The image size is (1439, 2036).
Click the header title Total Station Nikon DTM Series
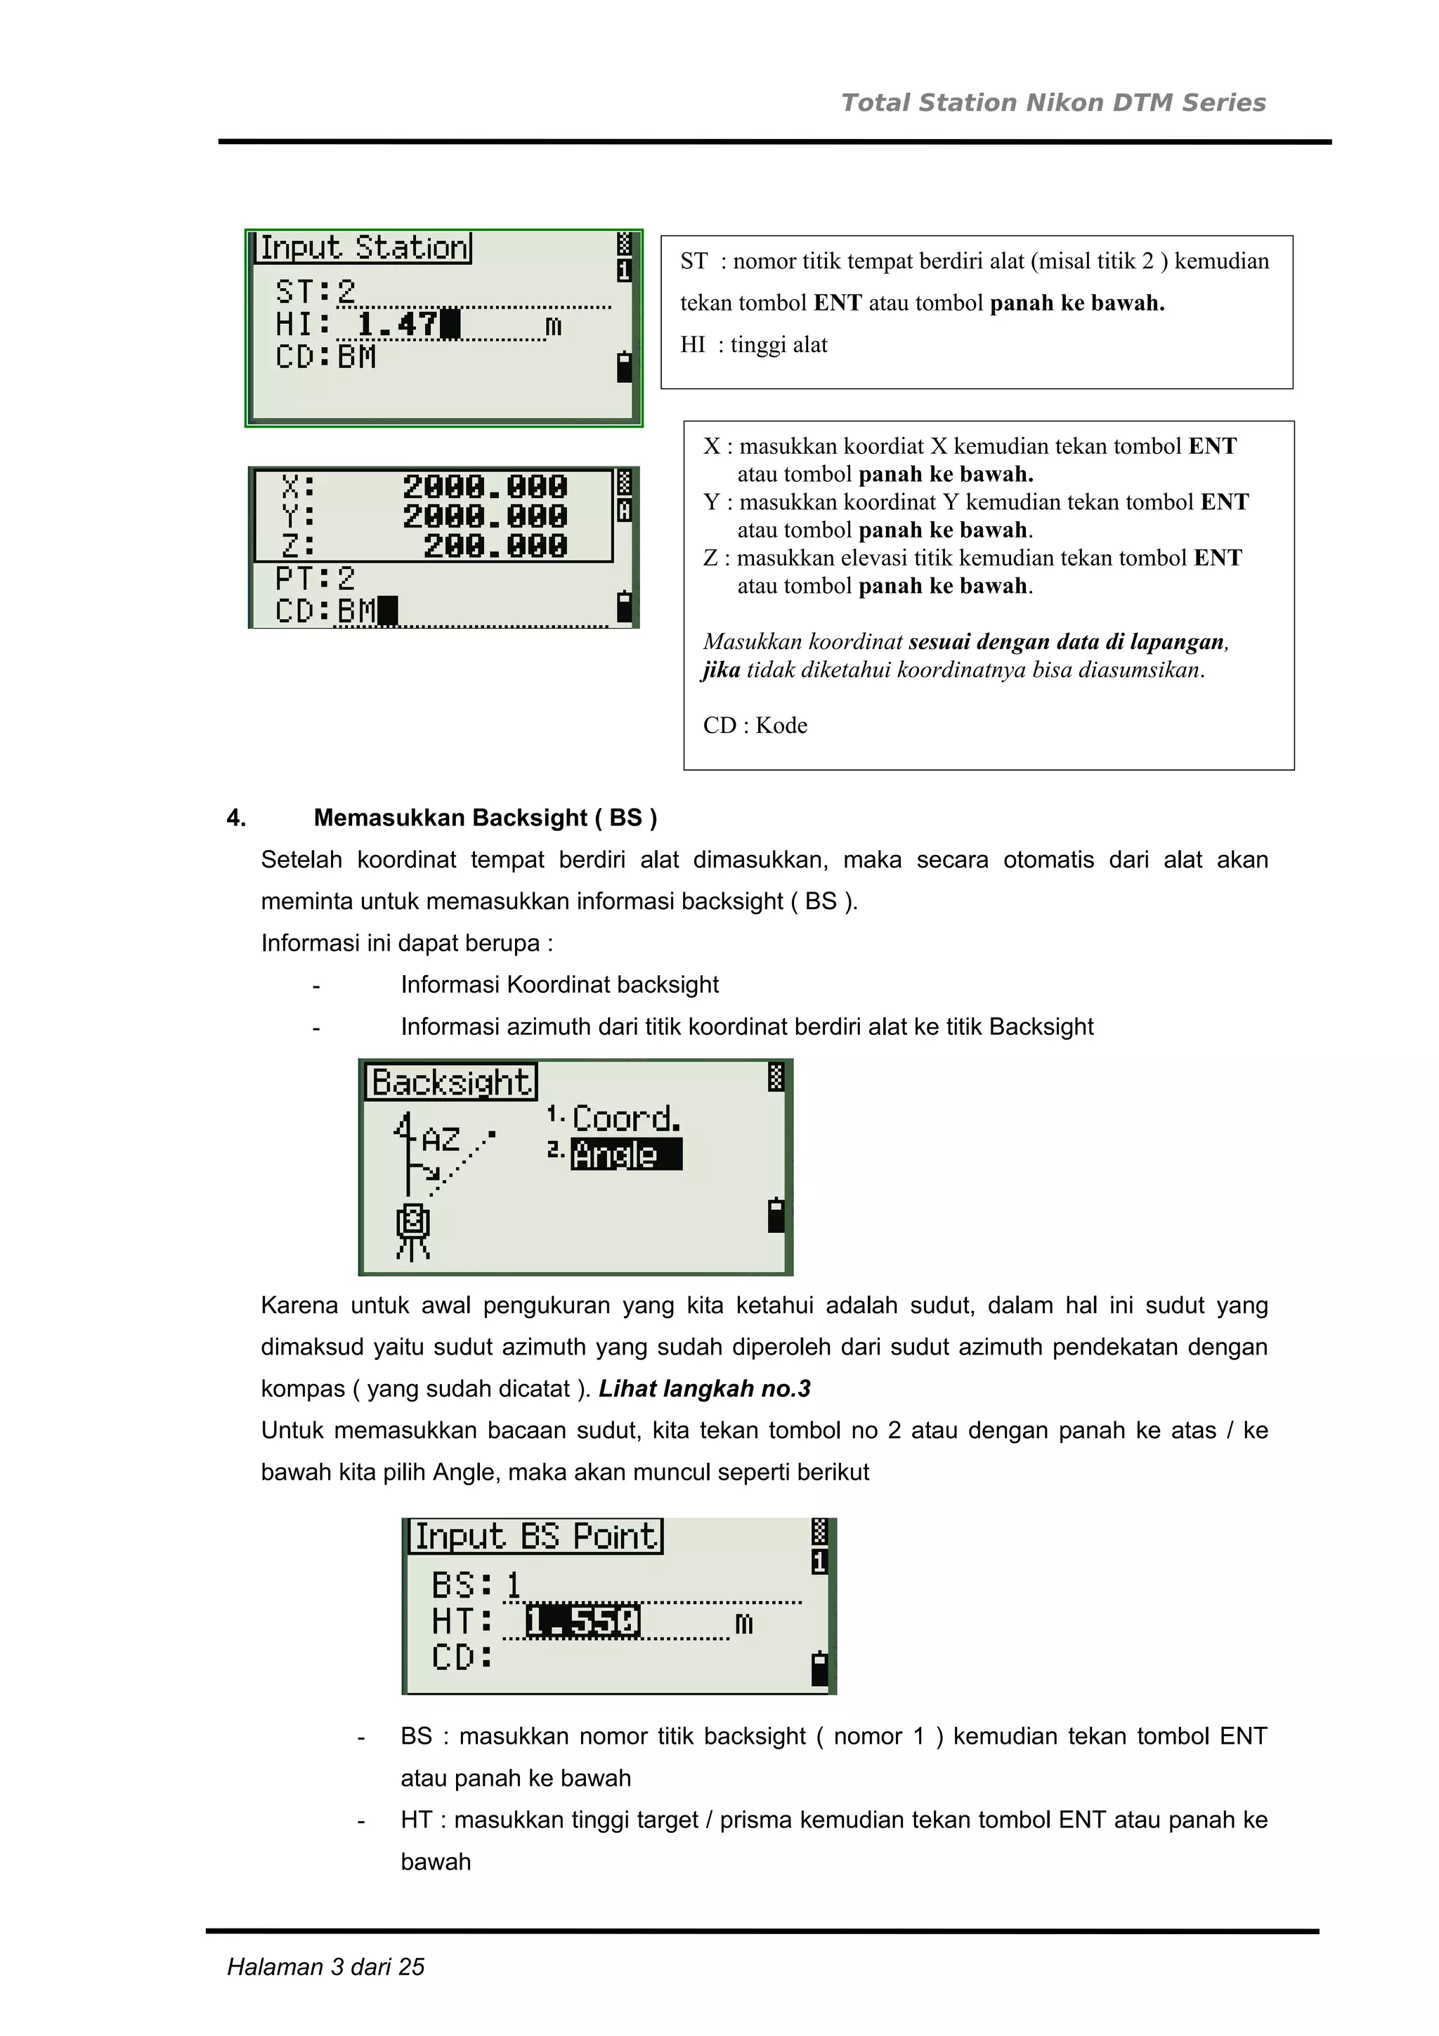(x=1053, y=103)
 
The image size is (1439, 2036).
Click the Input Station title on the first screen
(x=363, y=247)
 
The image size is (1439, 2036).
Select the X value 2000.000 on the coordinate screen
(x=484, y=487)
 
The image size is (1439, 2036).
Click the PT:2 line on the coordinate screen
(x=315, y=579)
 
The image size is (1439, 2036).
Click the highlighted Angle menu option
(x=625, y=1154)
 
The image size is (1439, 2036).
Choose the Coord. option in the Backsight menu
(x=626, y=1118)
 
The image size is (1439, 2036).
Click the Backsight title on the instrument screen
(x=450, y=1083)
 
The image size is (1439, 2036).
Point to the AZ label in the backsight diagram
(x=441, y=1139)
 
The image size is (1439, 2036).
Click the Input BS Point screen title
(x=535, y=1536)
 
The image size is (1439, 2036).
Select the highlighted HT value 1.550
(x=582, y=1622)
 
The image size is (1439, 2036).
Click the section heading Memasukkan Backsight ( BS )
(x=485, y=818)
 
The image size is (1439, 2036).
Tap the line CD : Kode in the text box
(x=755, y=725)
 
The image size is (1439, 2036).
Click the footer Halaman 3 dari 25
(x=325, y=1967)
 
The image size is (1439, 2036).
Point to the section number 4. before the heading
(x=237, y=818)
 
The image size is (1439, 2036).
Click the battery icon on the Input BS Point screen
(x=819, y=1668)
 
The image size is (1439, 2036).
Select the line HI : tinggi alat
(x=754, y=345)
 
